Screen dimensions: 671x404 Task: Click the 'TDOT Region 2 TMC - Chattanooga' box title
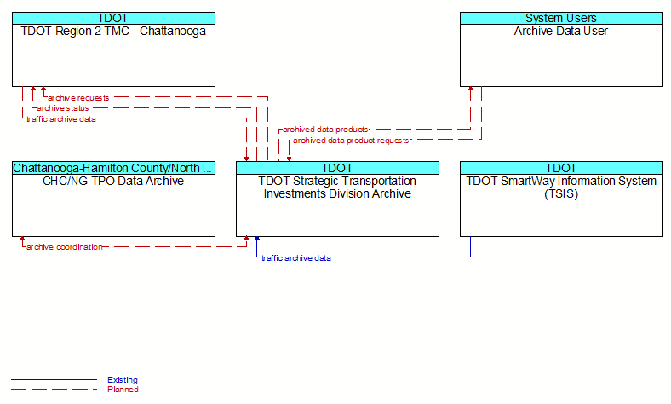(113, 32)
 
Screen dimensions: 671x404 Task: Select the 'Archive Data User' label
(561, 32)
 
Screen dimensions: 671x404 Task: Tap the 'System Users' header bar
(561, 18)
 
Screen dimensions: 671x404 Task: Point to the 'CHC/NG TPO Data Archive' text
(113, 182)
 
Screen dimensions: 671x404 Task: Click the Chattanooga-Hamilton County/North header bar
(113, 168)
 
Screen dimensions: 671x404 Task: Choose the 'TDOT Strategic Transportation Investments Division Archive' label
(337, 188)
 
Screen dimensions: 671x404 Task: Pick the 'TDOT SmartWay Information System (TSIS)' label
(561, 188)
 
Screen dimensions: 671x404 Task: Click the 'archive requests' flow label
(78, 98)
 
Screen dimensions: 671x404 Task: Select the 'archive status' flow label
(62, 108)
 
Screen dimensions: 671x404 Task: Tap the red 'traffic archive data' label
(61, 119)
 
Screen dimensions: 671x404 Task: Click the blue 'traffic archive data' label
(296, 258)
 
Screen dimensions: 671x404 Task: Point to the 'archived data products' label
(325, 130)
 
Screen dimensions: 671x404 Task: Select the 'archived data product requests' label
(351, 141)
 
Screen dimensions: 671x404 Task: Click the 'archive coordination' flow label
(65, 247)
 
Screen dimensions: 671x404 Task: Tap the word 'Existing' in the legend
(123, 380)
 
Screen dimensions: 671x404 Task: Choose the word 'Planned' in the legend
(123, 390)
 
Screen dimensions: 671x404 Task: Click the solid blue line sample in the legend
(54, 379)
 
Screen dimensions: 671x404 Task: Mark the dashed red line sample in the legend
(54, 389)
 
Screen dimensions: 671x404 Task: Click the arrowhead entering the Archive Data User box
(471, 89)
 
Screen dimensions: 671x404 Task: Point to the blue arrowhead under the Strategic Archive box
(257, 238)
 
